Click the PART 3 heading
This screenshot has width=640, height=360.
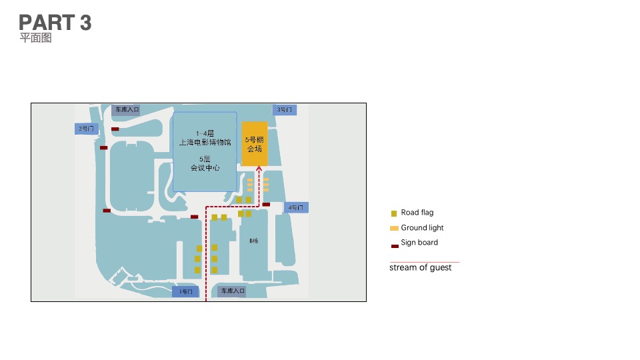pos(55,23)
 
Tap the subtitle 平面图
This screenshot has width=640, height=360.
pos(35,38)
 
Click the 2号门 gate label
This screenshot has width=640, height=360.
pos(86,128)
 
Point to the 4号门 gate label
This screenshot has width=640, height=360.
pos(296,208)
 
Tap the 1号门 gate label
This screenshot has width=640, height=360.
pos(185,291)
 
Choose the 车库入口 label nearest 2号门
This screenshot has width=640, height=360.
pos(125,109)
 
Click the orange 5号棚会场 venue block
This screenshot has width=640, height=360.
pos(255,145)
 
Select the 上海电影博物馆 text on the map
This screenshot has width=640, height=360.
pos(205,143)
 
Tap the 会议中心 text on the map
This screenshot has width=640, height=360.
pos(205,168)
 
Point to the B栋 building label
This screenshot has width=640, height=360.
pos(254,241)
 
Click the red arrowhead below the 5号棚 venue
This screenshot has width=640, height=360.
pos(259,169)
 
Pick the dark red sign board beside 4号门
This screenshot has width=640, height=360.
pos(266,205)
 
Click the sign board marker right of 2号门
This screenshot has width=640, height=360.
pos(115,129)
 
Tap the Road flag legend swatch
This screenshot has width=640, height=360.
pos(394,213)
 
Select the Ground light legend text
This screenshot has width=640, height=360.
pos(422,228)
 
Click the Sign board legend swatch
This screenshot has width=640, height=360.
pos(395,246)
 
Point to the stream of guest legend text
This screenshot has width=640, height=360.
pos(421,267)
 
